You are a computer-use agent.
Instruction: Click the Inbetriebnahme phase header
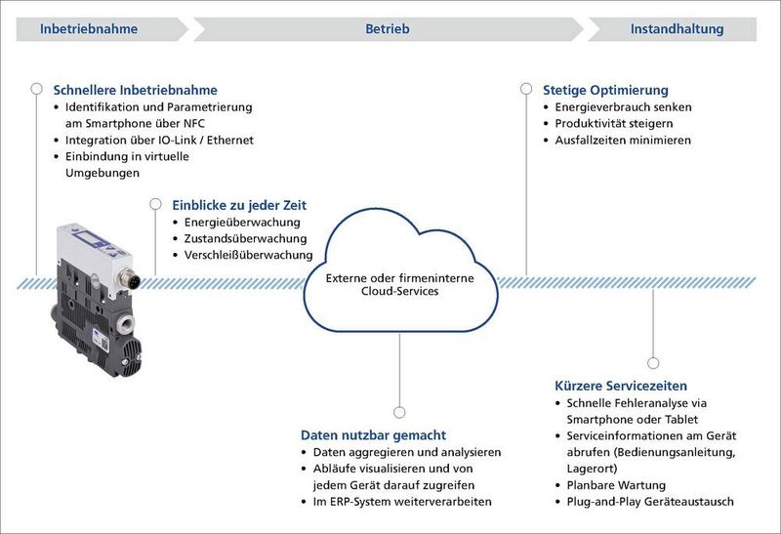(x=89, y=29)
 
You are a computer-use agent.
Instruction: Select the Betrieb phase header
(x=388, y=29)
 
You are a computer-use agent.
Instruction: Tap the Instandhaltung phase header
(x=677, y=29)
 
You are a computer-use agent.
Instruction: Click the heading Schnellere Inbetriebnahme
(x=135, y=90)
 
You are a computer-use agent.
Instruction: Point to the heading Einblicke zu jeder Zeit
(x=239, y=205)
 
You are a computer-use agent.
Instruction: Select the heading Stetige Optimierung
(x=605, y=90)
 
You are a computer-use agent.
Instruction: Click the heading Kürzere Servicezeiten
(x=620, y=386)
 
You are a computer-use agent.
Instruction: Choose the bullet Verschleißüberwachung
(x=248, y=255)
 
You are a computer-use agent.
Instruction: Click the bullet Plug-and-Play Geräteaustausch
(x=649, y=502)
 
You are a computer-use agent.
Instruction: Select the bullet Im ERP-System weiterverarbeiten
(x=401, y=501)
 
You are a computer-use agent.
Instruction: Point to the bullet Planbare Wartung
(x=615, y=485)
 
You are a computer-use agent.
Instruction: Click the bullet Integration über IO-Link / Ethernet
(x=159, y=140)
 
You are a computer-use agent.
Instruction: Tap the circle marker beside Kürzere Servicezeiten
(x=653, y=362)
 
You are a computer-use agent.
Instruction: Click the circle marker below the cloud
(x=399, y=412)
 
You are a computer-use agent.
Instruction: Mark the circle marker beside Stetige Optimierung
(x=526, y=89)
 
